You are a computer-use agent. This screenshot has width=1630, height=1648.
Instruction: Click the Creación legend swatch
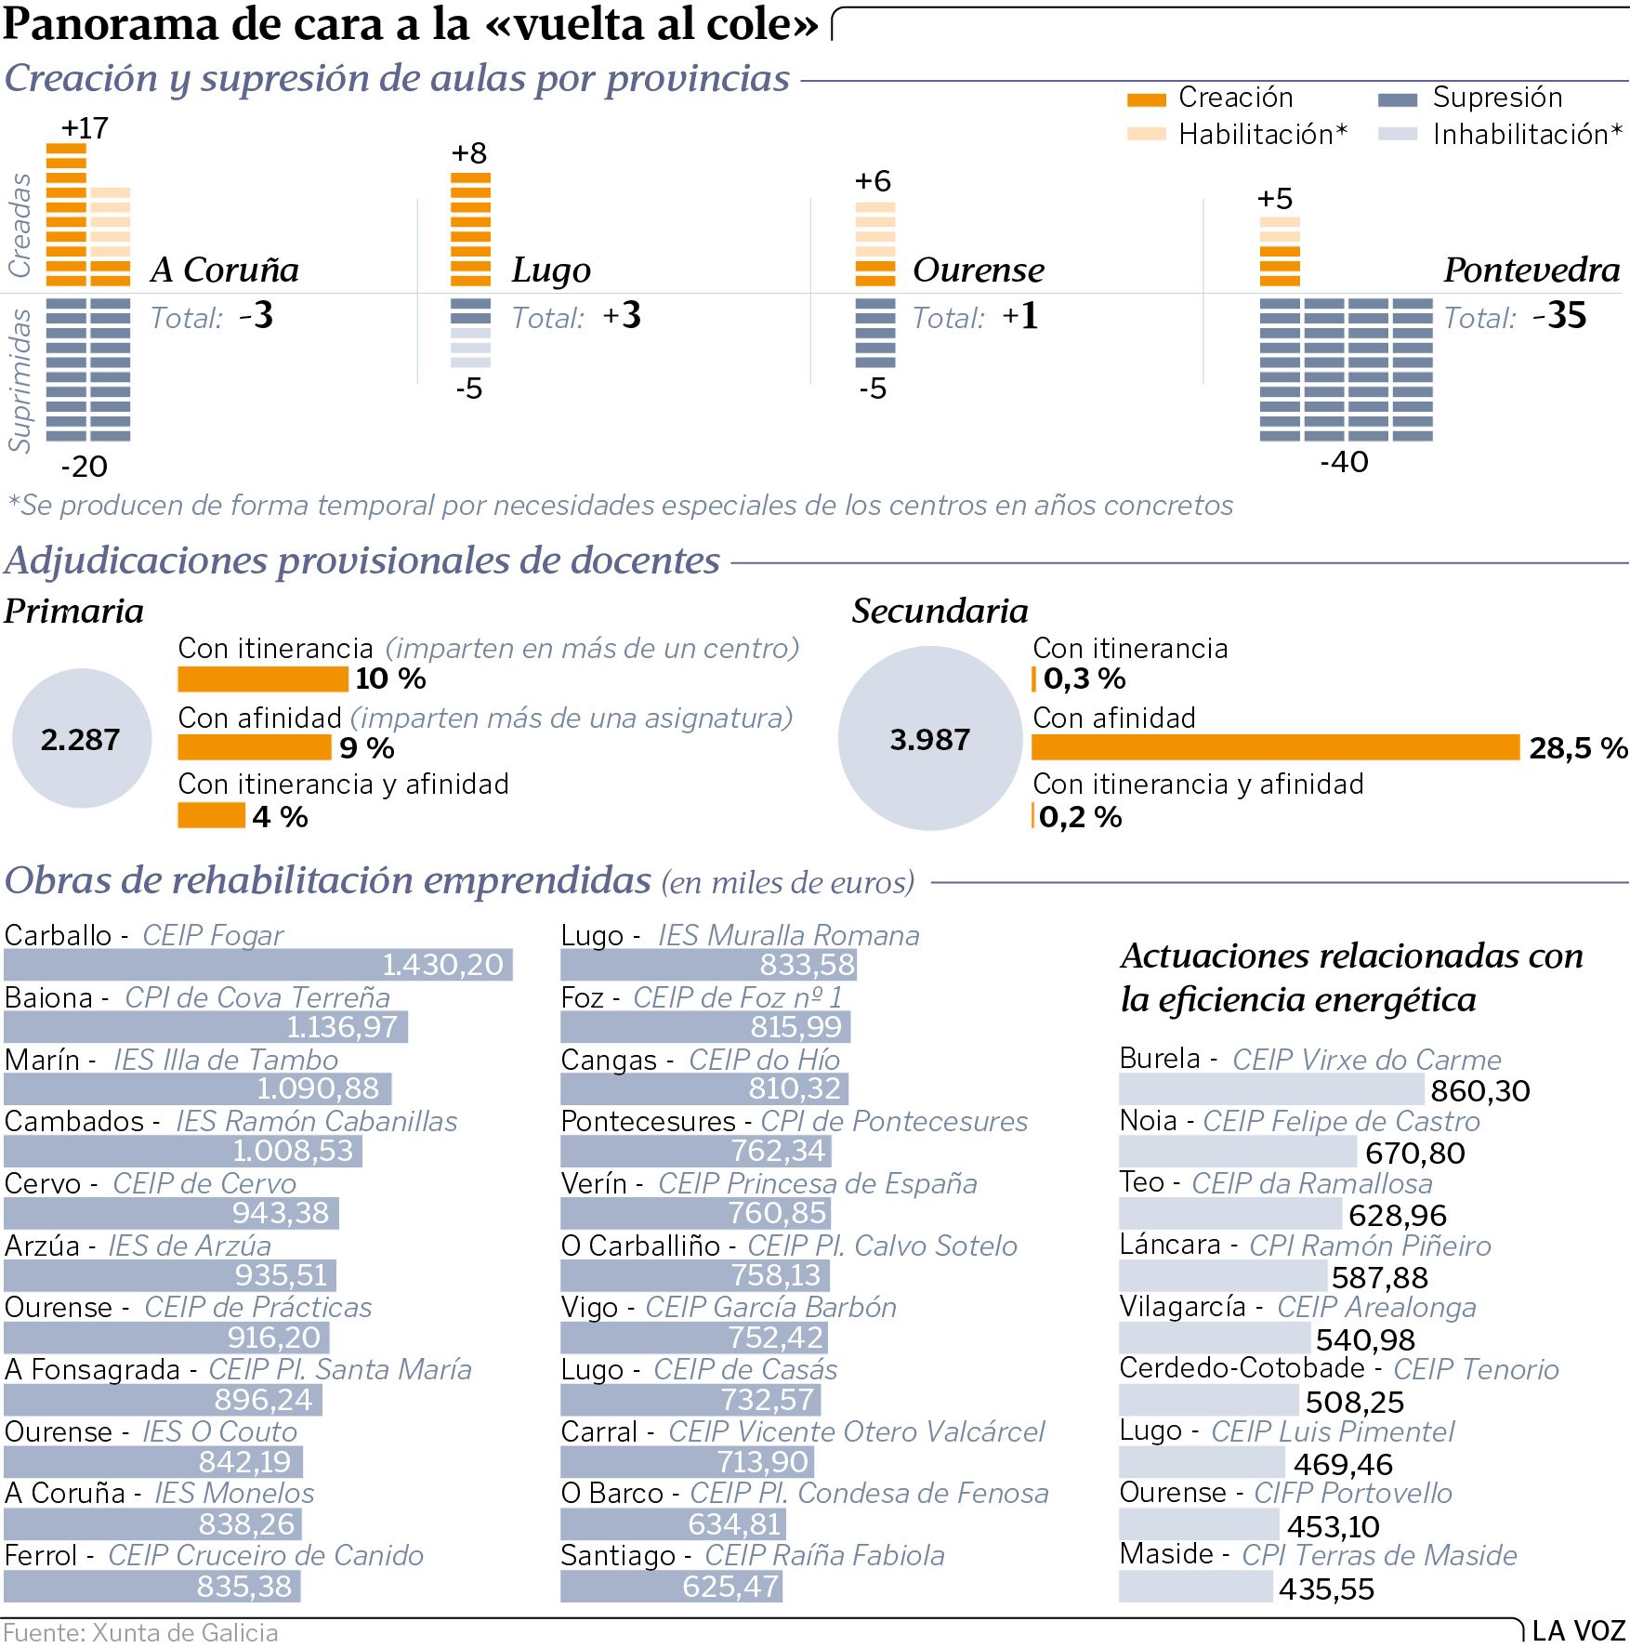(1146, 99)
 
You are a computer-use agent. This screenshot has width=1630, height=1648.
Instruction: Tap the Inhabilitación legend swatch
(1397, 135)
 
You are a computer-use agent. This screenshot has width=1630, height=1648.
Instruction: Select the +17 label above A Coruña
(85, 128)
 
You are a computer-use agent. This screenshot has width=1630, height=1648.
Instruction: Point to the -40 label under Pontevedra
(1344, 462)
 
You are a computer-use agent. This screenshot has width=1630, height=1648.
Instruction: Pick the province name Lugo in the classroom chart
(551, 270)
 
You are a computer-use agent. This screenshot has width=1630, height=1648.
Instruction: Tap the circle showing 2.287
(81, 739)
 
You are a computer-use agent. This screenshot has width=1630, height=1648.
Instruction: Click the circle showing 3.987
(929, 739)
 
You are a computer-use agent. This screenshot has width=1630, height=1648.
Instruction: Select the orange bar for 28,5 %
(1275, 747)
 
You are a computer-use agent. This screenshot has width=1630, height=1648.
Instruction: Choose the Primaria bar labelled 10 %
(263, 679)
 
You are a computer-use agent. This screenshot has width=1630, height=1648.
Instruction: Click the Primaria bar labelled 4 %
(211, 816)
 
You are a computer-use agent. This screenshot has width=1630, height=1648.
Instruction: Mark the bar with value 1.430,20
(257, 965)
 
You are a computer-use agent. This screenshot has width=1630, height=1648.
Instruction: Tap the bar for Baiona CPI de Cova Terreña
(205, 1027)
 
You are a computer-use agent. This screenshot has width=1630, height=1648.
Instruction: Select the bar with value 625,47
(671, 1586)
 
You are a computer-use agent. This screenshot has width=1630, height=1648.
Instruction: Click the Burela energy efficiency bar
(1270, 1089)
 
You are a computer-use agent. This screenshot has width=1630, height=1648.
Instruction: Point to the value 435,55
(1326, 1589)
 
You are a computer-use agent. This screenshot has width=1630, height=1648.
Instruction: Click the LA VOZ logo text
(1578, 1631)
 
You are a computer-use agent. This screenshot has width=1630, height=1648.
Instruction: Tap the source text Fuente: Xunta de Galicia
(141, 1633)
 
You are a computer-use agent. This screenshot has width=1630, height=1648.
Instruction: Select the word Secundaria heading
(940, 612)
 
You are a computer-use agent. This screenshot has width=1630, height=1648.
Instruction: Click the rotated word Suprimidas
(20, 381)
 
